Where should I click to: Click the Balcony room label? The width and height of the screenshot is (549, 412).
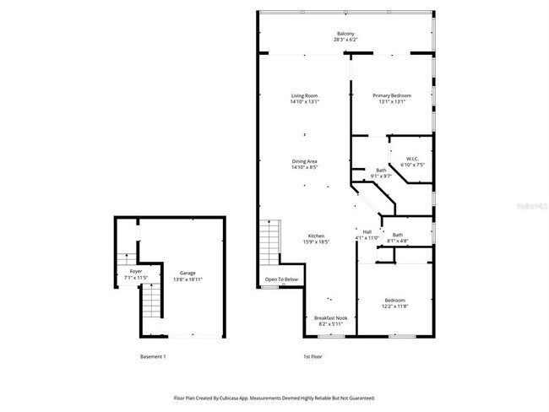[x=345, y=34]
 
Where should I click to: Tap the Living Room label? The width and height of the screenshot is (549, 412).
[x=304, y=96]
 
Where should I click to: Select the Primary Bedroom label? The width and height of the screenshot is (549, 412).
[x=392, y=96]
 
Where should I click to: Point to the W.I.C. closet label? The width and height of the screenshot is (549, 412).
[x=412, y=159]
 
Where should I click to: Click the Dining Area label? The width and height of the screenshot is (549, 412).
[x=304, y=161]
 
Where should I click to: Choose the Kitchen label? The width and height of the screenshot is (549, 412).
[x=316, y=236]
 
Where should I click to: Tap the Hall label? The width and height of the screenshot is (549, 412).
[x=367, y=231]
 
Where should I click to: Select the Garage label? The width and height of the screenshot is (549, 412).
[x=188, y=273]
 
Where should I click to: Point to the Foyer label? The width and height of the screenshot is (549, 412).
[x=136, y=271]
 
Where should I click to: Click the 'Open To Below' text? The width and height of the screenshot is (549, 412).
[x=281, y=279]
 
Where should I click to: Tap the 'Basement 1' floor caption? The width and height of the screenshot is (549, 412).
[x=153, y=356]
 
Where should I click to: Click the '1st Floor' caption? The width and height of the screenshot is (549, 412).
[x=313, y=356]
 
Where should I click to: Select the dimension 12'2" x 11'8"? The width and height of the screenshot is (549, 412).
[x=395, y=306]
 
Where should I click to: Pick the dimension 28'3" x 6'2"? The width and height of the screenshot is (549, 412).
[x=345, y=40]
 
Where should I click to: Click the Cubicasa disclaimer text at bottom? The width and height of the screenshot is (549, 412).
[x=274, y=398]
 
